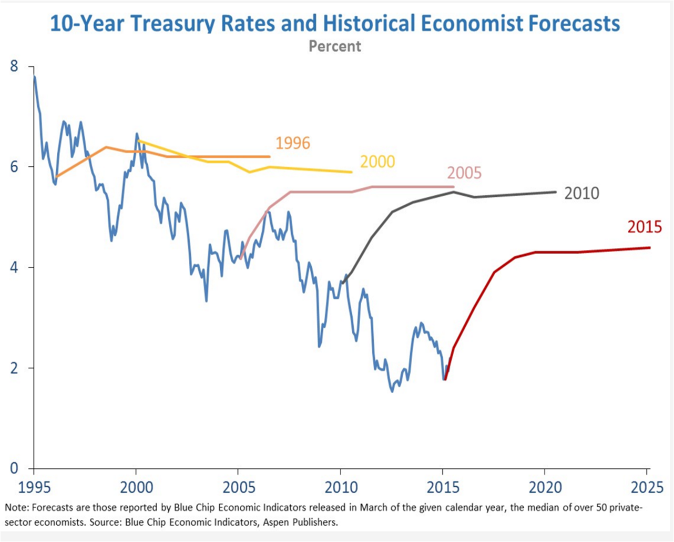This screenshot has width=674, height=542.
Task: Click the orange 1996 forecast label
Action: tap(293, 143)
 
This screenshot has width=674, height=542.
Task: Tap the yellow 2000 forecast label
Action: tap(377, 162)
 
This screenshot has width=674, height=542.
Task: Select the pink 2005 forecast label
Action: tap(464, 173)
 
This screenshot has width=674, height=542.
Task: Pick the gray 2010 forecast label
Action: tap(581, 193)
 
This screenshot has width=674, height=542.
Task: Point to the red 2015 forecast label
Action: tap(645, 227)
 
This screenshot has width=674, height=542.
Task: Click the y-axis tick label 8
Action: tap(14, 67)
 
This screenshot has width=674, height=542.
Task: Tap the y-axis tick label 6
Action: tap(14, 167)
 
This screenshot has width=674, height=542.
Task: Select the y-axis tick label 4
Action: tap(14, 267)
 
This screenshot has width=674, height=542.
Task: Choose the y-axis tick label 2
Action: tap(14, 368)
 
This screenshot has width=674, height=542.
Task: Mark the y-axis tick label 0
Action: tap(14, 468)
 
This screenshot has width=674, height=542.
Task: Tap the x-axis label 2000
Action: tap(136, 487)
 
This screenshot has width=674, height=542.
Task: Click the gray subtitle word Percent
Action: tap(335, 46)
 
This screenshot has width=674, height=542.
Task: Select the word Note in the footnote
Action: tap(15, 508)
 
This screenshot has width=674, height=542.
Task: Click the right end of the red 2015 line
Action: tap(650, 247)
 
